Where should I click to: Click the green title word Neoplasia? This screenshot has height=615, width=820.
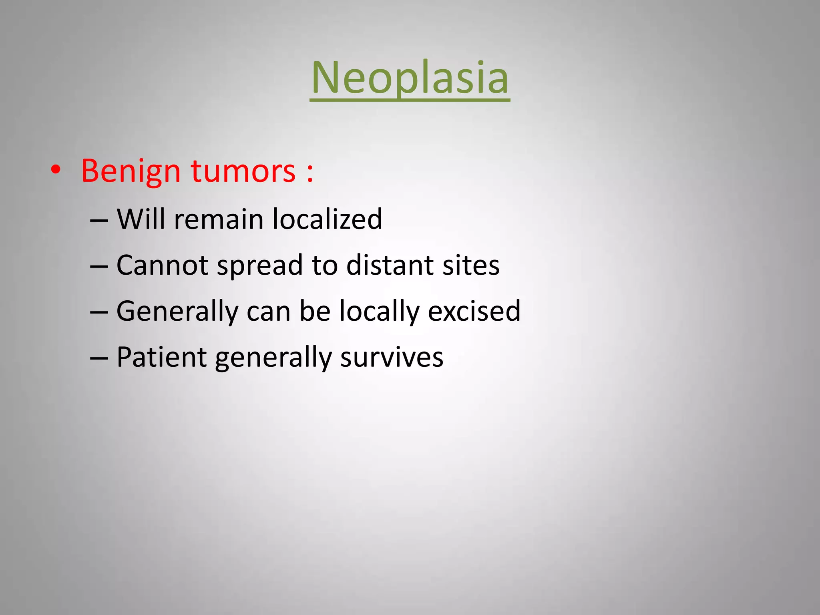point(410,78)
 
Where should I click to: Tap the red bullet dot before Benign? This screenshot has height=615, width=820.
point(56,171)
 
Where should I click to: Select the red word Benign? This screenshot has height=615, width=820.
point(131,171)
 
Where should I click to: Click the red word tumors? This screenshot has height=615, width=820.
point(243,171)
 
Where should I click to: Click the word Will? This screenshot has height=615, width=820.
point(141,219)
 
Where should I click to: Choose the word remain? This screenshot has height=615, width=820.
point(219,220)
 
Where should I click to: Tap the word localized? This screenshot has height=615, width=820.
point(327,219)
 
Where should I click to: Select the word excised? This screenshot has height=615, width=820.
point(474,311)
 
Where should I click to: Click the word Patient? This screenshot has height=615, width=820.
point(161,357)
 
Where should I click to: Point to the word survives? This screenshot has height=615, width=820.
point(392,357)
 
